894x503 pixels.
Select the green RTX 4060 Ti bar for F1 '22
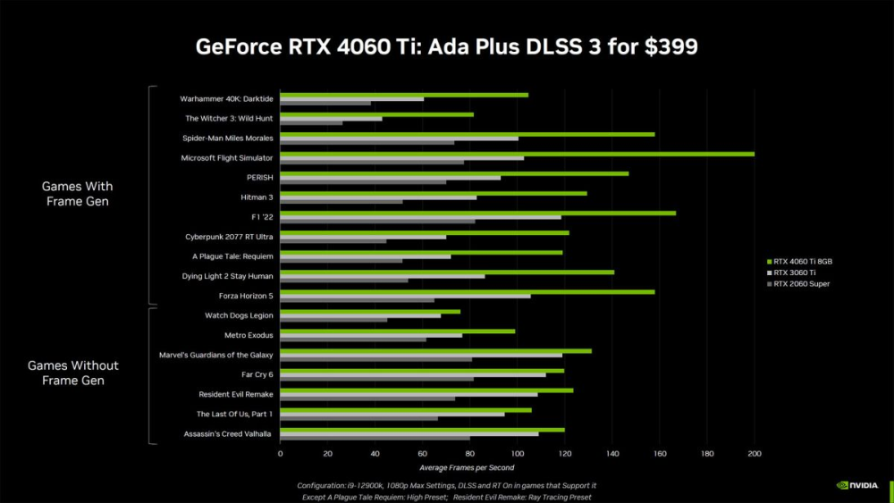(477, 213)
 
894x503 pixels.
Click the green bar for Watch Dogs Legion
(370, 312)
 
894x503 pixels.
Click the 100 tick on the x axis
(517, 454)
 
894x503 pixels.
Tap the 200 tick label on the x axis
(755, 454)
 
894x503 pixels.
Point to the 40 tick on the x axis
(375, 454)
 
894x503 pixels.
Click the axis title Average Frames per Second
(467, 467)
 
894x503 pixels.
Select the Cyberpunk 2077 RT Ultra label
(229, 237)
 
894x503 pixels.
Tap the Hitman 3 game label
(257, 197)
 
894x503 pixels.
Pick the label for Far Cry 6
(257, 374)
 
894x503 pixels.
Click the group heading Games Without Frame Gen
(73, 373)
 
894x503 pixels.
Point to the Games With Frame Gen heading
(78, 194)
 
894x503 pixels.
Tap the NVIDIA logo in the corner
(856, 485)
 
